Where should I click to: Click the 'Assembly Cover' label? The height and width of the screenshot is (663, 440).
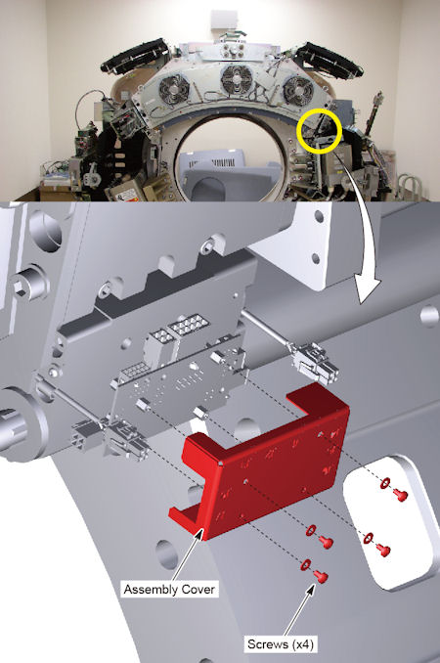point(169,589)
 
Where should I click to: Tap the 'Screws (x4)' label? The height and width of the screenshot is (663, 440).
point(281,644)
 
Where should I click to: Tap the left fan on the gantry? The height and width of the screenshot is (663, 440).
point(174,88)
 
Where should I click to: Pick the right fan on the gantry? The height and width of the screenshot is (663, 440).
point(298,90)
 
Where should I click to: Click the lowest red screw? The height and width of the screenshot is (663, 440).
point(322,576)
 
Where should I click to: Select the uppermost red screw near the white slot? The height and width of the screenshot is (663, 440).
point(400,494)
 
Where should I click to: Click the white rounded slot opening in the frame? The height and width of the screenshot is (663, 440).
point(390,522)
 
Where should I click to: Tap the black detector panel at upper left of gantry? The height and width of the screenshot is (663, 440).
point(135,56)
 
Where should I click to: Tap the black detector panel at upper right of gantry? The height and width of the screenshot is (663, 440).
point(329,59)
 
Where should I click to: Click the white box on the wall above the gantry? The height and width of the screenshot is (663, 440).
point(225,20)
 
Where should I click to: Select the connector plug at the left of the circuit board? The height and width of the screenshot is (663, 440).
point(109,435)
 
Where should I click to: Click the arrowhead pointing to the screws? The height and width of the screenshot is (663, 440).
point(312,589)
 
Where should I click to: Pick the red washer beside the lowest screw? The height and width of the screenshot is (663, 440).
point(306,564)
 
